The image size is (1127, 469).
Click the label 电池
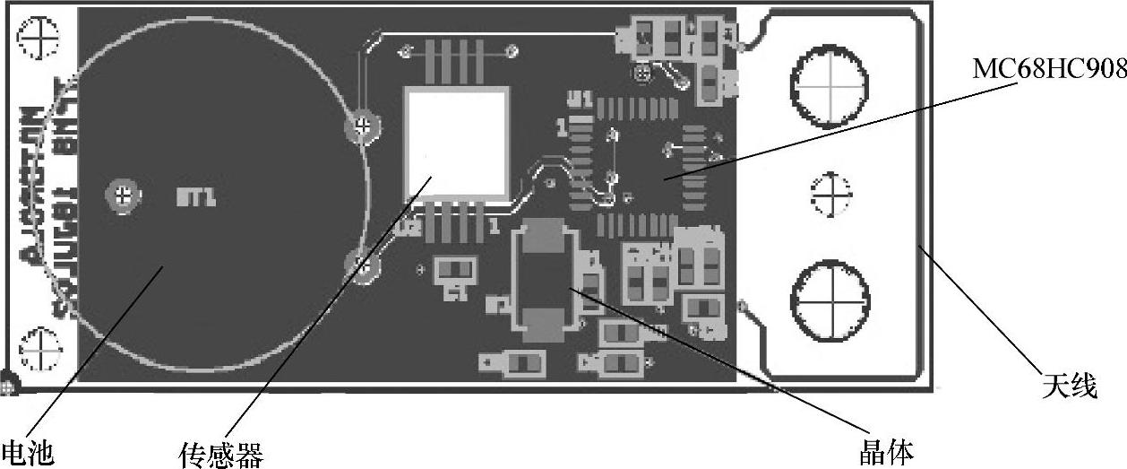pos(27,451)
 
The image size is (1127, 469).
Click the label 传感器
pos(220,454)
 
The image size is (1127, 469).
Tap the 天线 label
pos(1069,386)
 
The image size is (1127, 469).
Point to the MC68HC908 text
pos(1049,68)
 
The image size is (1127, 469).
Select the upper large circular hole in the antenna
pos(829,83)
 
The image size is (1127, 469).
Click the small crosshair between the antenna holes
pos(829,192)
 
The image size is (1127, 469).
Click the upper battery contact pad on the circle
pos(361,126)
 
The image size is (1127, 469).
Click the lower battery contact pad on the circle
pos(361,265)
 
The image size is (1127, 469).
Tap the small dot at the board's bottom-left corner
pos(8,386)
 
